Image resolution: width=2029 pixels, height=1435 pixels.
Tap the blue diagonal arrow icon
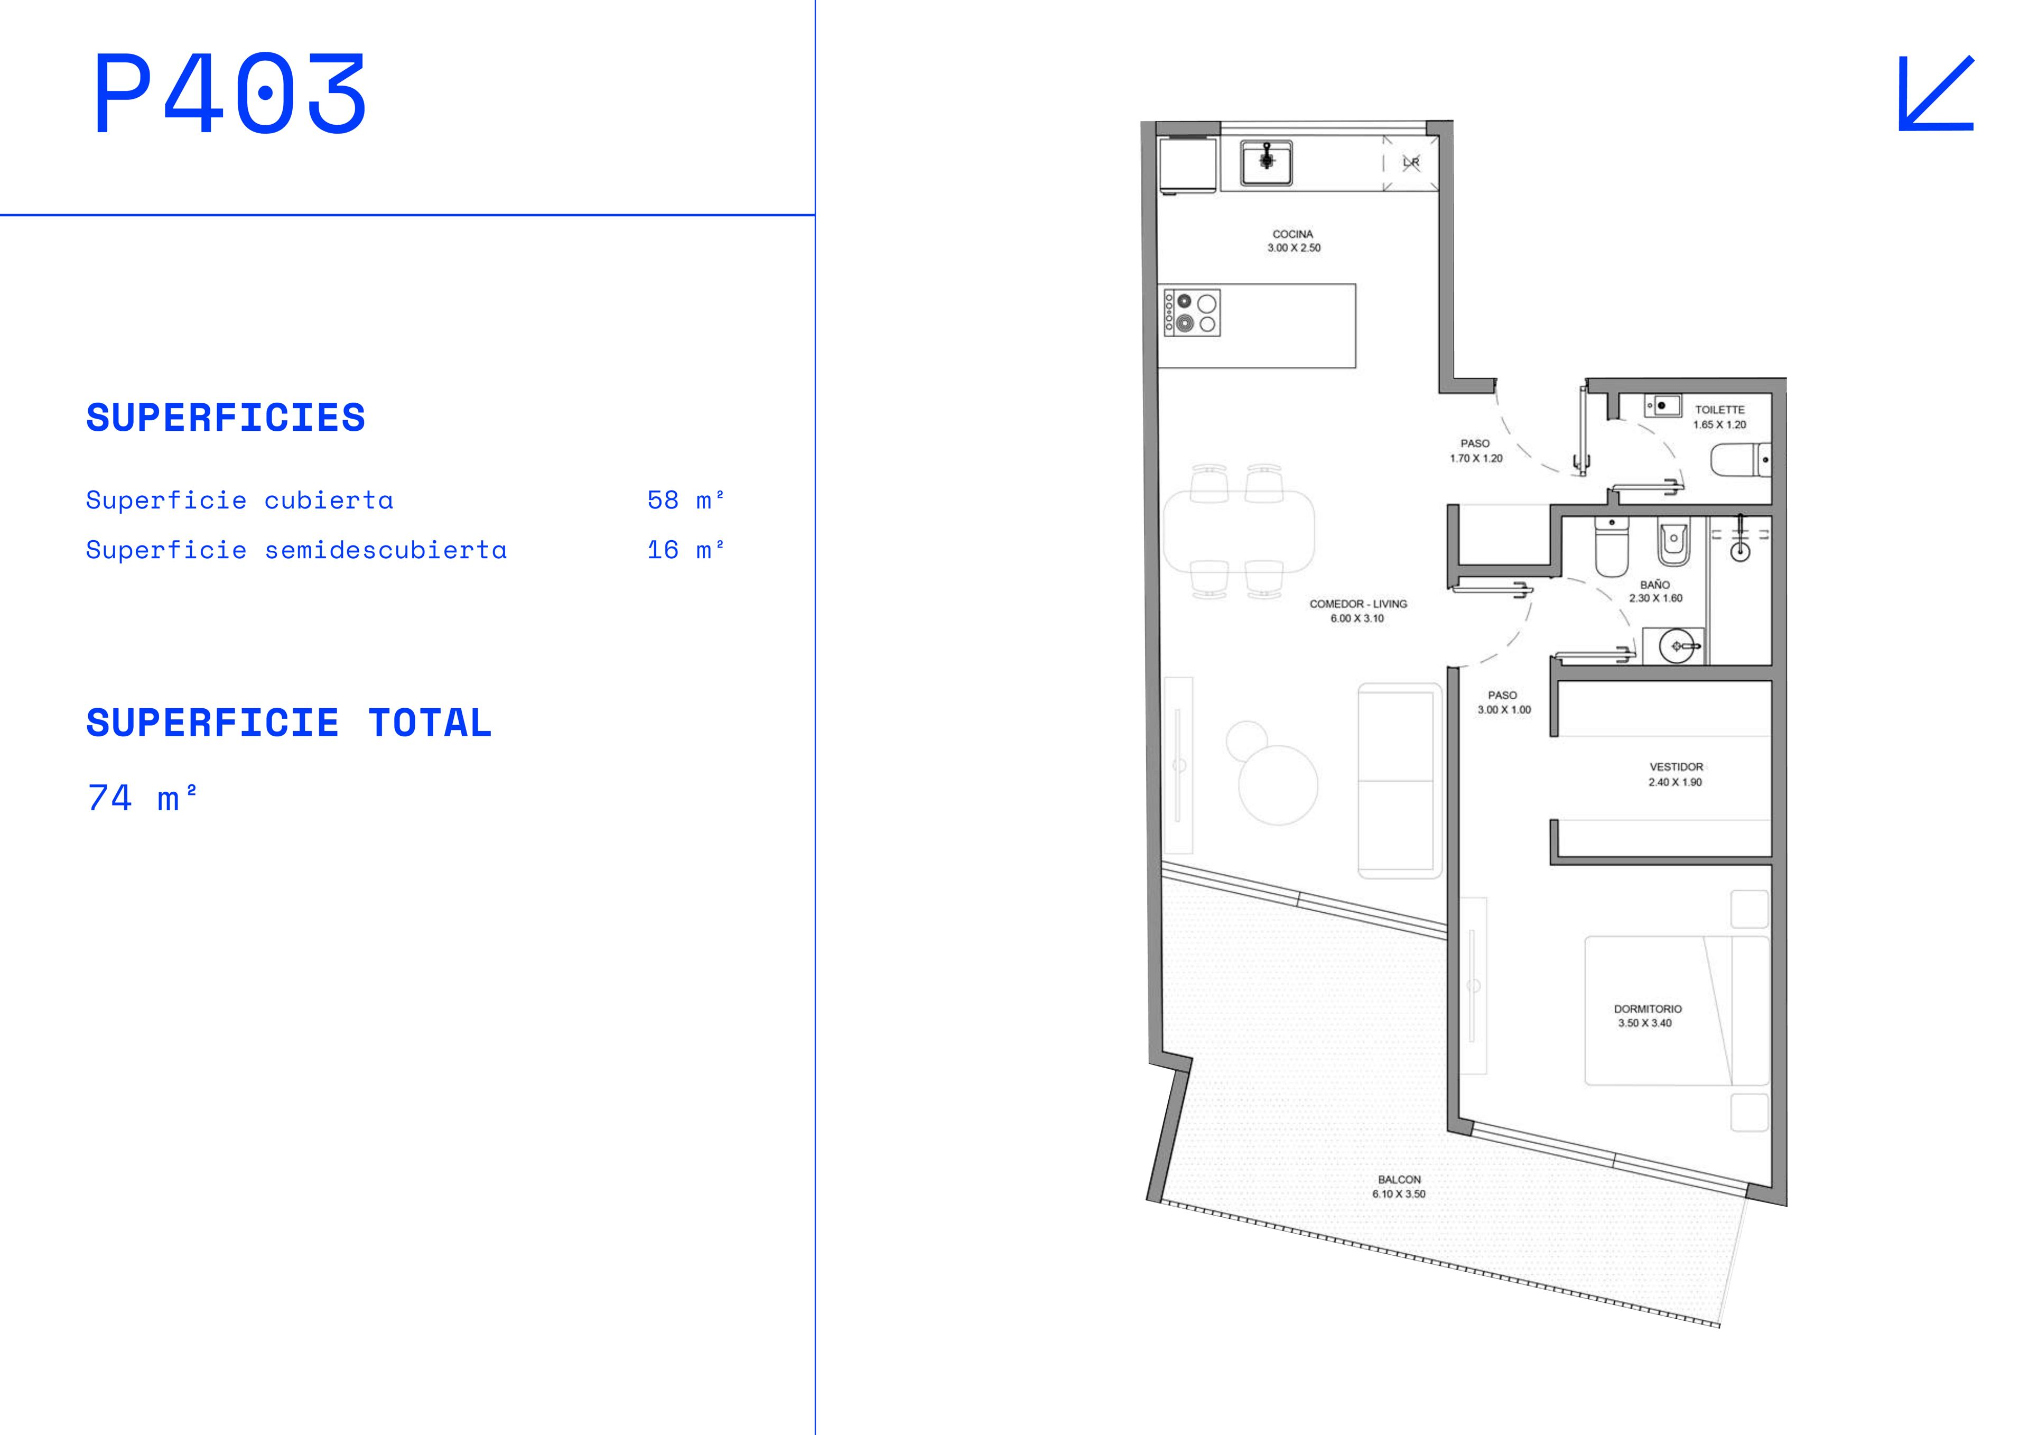pos(1935,94)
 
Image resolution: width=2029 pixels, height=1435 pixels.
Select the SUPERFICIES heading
pos(225,418)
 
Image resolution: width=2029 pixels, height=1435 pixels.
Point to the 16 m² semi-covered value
pos(686,549)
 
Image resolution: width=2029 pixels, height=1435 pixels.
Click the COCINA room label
pos(1293,234)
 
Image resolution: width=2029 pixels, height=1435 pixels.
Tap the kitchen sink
pos(1267,163)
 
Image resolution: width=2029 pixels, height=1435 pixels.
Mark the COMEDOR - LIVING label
pos(1358,604)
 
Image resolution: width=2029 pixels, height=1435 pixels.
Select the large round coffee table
pos(1278,785)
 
